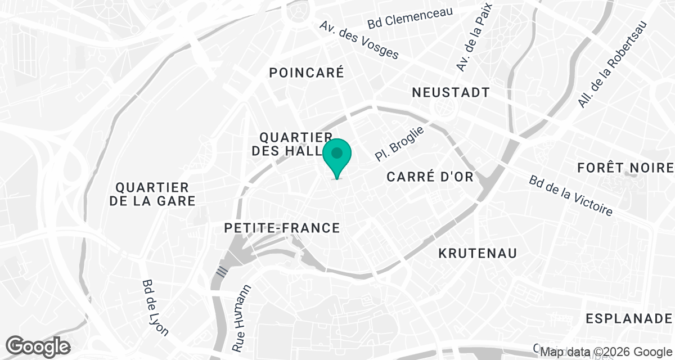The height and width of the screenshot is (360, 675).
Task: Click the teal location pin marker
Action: point(337,156)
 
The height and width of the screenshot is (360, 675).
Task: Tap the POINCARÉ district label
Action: point(306,73)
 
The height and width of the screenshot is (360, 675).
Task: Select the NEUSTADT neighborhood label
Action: point(451,92)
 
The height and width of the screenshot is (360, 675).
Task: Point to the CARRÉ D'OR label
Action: point(430,176)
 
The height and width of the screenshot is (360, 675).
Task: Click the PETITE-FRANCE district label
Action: point(282,228)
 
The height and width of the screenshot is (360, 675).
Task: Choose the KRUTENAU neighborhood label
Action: point(478,253)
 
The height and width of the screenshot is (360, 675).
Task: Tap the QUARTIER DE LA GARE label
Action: point(152,193)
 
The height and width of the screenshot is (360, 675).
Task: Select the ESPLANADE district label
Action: point(629,318)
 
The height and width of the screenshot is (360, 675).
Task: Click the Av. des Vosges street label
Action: point(359,40)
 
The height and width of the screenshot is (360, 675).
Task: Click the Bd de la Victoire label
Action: point(570,195)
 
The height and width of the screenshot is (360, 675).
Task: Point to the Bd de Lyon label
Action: point(155,307)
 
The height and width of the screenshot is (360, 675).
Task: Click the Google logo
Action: point(38,346)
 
